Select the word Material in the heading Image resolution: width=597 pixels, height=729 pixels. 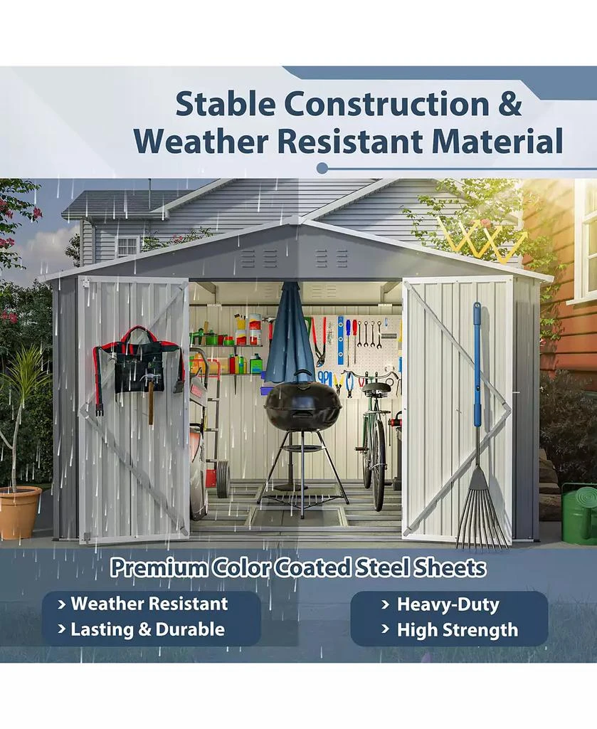click(x=502, y=140)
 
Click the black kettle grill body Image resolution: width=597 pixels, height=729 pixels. click(x=302, y=406)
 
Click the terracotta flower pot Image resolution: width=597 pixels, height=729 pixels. click(x=19, y=512)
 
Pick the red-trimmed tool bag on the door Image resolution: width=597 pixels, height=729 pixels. click(x=139, y=363)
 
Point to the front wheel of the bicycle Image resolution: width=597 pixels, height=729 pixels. click(x=377, y=463)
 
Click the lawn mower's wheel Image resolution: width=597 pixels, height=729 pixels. click(x=222, y=478)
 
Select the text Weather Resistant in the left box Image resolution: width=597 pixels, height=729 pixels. click(x=149, y=604)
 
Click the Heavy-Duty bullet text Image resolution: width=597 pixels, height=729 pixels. click(x=448, y=605)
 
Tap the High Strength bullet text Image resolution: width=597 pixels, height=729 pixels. click(x=457, y=630)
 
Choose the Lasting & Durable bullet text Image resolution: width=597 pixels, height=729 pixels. click(x=147, y=629)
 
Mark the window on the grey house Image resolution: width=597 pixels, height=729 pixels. click(x=127, y=246)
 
